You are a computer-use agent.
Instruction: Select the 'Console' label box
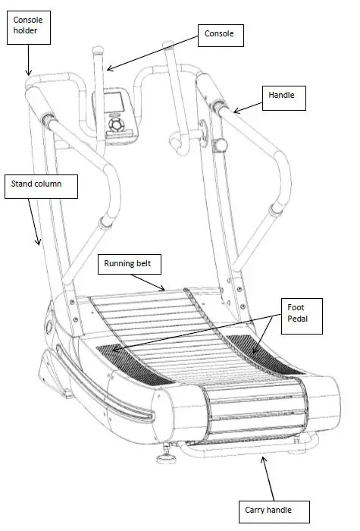[x=219, y=34]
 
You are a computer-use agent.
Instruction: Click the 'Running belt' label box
[x=133, y=265]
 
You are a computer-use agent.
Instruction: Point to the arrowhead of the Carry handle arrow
[x=261, y=457]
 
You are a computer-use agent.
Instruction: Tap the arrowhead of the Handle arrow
[x=233, y=112]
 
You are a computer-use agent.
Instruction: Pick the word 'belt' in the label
[x=152, y=265]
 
